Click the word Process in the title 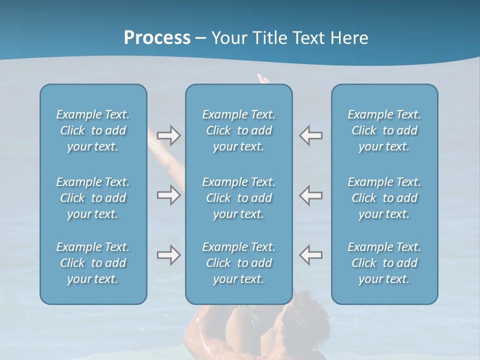pos(157,38)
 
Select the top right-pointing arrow pos(168,135)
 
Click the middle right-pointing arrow pos(168,195)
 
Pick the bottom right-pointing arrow pos(168,255)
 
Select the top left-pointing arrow pos(311,135)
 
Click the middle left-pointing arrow pos(311,195)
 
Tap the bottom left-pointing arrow pos(311,255)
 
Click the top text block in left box pos(93,130)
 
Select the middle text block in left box pos(93,198)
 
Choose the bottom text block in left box pos(93,263)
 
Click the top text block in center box pos(238,130)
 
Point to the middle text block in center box pos(238,198)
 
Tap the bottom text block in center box pos(238,263)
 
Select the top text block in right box pos(384,130)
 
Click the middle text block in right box pos(384,198)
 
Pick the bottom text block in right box pos(384,263)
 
